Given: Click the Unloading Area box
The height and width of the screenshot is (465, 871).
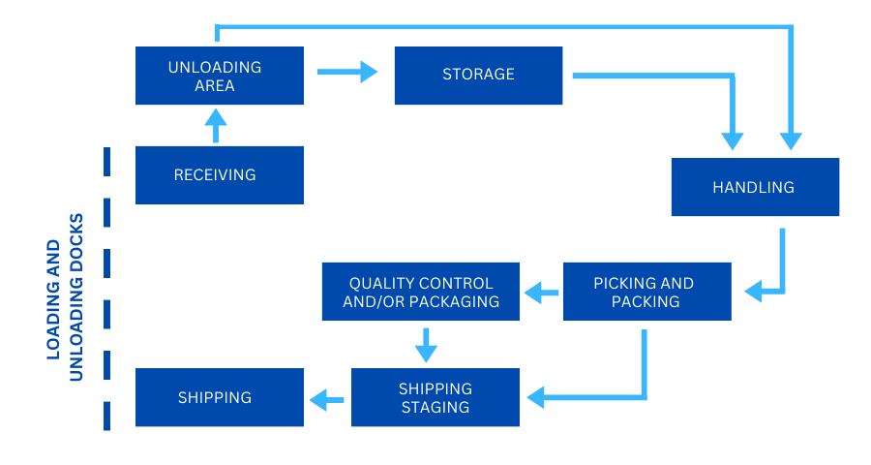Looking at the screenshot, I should click(x=220, y=76).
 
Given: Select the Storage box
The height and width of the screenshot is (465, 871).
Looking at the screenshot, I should click(x=478, y=75).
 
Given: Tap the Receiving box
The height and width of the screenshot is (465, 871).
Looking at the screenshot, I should click(x=220, y=175).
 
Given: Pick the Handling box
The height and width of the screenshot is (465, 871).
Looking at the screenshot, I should click(x=755, y=187).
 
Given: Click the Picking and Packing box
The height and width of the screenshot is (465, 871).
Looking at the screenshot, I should click(x=646, y=292).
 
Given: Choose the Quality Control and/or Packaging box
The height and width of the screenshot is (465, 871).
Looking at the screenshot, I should click(x=420, y=292).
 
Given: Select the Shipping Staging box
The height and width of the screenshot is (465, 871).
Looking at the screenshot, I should click(x=435, y=397).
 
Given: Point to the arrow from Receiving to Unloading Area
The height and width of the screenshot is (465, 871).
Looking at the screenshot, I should click(x=216, y=125).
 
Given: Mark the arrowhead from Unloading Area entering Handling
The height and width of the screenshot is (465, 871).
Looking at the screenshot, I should click(x=792, y=140).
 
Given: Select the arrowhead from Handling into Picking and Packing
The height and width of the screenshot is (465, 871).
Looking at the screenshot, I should click(x=754, y=290).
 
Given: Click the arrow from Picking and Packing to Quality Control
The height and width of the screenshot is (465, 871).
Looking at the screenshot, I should click(x=541, y=291).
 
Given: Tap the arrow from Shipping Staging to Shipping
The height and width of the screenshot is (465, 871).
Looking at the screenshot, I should click(x=327, y=397).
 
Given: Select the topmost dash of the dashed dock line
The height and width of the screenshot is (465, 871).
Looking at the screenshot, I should click(x=106, y=162).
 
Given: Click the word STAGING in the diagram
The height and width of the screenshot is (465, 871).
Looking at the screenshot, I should click(x=435, y=407).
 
